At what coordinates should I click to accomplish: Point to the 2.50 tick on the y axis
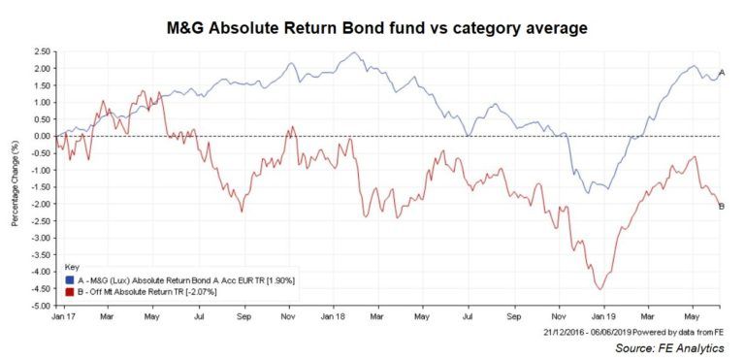(40, 51)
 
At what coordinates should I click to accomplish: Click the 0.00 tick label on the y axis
(40, 136)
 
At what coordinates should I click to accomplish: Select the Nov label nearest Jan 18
(287, 316)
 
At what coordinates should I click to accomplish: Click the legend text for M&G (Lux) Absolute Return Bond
(184, 279)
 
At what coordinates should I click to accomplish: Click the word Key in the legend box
(72, 267)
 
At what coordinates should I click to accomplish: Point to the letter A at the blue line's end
(721, 73)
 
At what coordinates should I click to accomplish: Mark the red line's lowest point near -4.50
(600, 289)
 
